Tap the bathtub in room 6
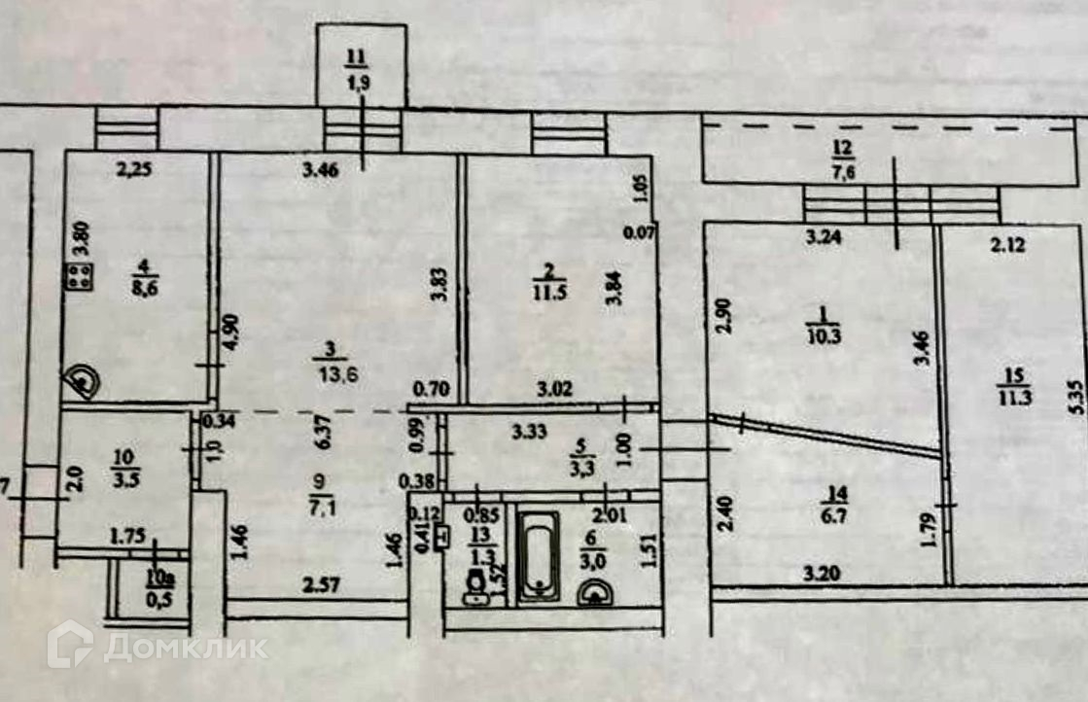537,557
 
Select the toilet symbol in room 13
476,586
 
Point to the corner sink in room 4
82,382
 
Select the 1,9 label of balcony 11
359,83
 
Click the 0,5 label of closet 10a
154,598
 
